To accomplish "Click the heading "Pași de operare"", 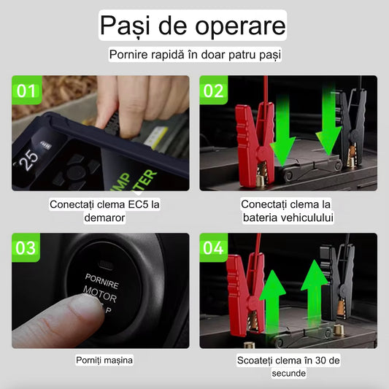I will (193, 27).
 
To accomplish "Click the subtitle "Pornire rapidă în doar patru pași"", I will (194, 55).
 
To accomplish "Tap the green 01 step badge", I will (26, 90).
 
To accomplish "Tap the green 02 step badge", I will (214, 90).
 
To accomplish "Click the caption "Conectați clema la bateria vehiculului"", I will (288, 211).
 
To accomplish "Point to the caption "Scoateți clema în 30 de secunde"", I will (288, 366).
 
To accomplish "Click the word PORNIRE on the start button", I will (101, 277).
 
